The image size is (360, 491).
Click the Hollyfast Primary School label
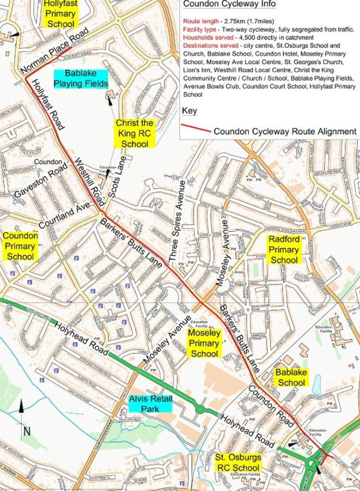tap(60, 14)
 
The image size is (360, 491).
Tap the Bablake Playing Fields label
tap(81, 79)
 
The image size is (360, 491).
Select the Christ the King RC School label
tap(134, 133)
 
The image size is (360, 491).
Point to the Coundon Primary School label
tap(21, 246)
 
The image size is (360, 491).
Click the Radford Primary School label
tap(283, 250)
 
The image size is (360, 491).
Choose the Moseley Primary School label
tap(204, 343)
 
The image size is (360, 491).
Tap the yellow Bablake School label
tap(291, 377)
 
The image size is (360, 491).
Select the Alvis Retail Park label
tap(150, 404)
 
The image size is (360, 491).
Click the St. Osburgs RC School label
tap(238, 462)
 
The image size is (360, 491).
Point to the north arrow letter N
tap(27, 431)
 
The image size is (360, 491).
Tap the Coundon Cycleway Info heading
tap(229, 4)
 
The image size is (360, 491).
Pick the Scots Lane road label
tap(117, 179)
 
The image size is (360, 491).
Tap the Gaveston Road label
tap(41, 180)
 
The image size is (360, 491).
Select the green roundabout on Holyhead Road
tap(200, 409)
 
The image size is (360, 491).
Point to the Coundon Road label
tap(270, 406)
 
